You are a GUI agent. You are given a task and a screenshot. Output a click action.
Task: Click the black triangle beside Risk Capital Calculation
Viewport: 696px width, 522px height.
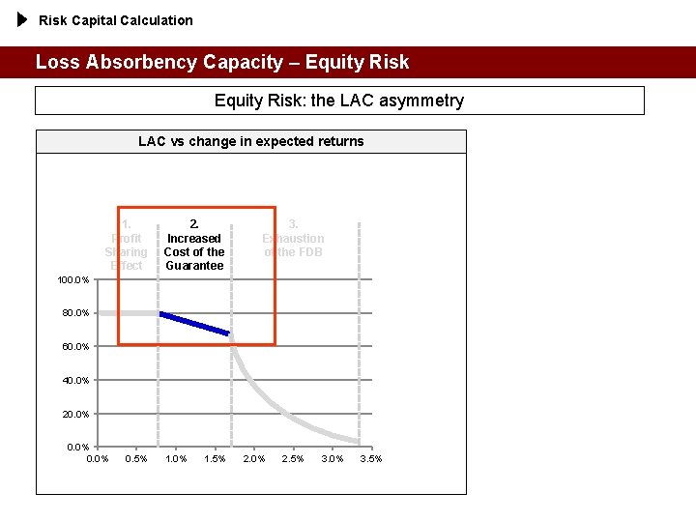24,19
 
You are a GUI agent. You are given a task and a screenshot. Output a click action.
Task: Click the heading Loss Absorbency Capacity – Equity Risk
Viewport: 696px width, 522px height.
222,63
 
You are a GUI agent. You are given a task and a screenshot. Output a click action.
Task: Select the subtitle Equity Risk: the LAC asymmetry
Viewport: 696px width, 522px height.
339,101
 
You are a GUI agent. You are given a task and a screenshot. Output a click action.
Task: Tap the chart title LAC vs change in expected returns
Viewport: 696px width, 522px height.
251,141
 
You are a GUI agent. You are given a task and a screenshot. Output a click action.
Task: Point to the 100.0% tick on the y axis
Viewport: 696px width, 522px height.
73,280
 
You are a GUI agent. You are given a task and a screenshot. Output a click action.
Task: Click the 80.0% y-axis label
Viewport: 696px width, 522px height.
75,313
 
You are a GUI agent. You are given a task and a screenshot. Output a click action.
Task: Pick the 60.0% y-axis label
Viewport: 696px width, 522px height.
75,347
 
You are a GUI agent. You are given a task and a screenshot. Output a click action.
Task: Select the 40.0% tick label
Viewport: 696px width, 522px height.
75,381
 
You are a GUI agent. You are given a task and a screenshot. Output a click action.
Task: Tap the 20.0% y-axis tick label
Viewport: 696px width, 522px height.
75,415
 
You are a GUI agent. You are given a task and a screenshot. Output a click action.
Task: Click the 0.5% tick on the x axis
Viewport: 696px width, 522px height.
136,458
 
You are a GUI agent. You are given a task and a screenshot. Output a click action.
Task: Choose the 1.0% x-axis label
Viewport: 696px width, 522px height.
176,458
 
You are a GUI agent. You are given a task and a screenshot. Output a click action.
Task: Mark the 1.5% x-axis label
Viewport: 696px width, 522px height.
215,458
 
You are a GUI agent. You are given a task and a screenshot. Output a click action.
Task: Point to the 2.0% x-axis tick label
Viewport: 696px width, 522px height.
254,458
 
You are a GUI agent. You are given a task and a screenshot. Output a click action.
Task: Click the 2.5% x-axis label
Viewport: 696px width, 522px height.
293,458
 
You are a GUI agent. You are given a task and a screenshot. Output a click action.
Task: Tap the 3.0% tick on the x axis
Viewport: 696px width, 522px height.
332,458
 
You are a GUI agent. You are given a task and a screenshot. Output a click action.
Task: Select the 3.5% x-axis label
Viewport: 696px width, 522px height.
371,458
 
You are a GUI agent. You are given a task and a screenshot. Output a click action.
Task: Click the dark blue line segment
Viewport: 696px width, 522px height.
194,324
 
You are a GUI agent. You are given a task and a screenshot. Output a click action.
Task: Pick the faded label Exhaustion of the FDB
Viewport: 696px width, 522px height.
294,239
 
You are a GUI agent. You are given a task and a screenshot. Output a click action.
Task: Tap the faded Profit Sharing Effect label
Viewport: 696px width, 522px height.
127,246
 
